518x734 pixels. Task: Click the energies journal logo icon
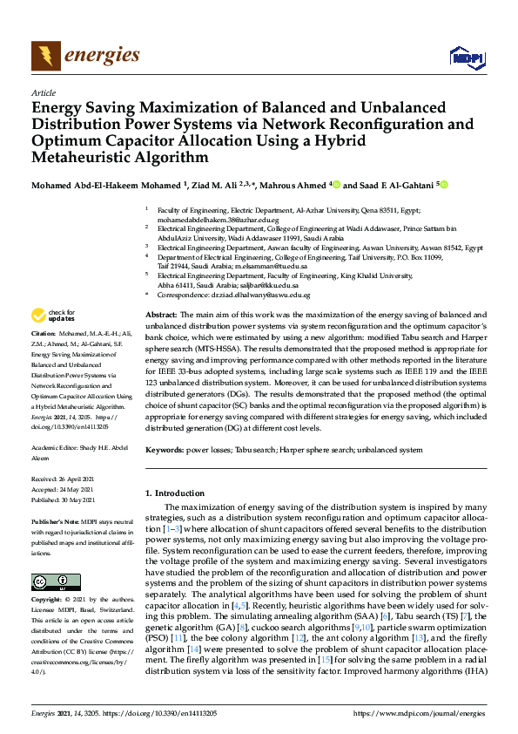point(46,57)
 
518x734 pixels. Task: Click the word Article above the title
point(43,92)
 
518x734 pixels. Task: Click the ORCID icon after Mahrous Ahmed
point(336,185)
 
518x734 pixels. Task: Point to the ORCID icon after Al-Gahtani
point(443,185)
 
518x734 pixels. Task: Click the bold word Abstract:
point(160,313)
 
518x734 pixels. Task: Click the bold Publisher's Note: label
point(51,520)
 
